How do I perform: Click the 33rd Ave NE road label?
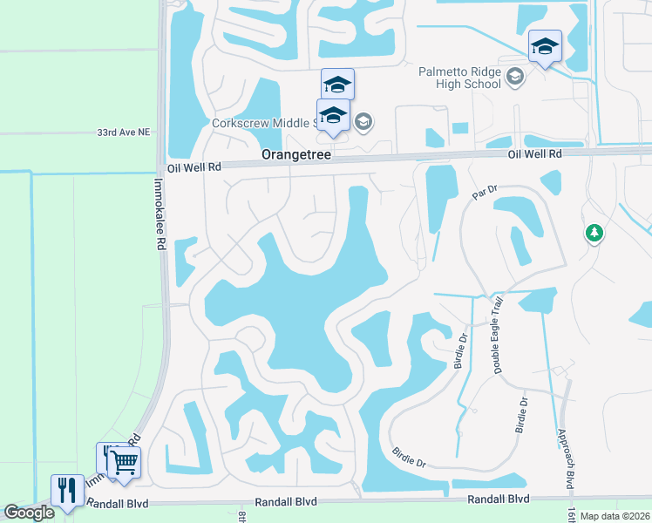[123, 132]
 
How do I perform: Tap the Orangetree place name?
[299, 153]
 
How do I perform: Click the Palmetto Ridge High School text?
[459, 78]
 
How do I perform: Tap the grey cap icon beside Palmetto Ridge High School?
[515, 78]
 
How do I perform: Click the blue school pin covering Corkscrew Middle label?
[333, 117]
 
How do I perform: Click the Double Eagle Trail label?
[498, 336]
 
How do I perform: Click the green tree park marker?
[594, 233]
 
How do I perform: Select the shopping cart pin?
[125, 463]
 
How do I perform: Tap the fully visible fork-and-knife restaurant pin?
[67, 490]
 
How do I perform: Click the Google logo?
[30, 513]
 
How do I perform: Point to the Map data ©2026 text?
[615, 516]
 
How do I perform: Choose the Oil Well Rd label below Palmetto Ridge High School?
[535, 153]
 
